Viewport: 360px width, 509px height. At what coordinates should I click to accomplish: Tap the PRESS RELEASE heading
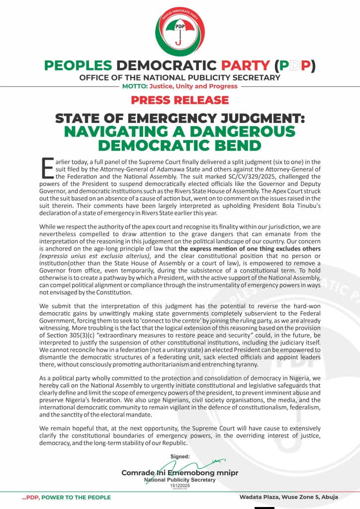click(180, 100)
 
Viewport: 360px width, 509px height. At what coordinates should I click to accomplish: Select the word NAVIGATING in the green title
click(117, 132)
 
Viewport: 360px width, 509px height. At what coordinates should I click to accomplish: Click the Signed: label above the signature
click(180, 456)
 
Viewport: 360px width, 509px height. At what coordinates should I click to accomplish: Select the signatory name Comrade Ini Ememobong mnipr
click(180, 473)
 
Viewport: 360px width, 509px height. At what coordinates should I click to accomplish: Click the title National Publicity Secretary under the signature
click(180, 480)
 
